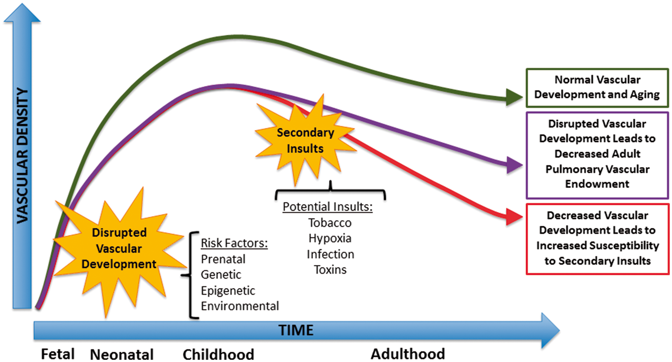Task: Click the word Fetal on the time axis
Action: point(57,354)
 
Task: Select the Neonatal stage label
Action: point(122,354)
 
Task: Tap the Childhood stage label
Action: point(219,354)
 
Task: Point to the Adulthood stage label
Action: point(408,354)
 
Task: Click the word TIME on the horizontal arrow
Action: point(296,330)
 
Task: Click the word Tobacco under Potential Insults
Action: point(330,223)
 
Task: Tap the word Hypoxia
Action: point(330,239)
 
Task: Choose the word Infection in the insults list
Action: point(330,254)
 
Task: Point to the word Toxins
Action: point(330,270)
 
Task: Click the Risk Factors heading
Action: point(234,243)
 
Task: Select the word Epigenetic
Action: point(228,291)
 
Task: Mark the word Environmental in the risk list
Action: point(240,306)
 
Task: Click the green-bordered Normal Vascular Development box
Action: point(597,88)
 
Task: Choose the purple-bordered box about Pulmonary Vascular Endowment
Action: point(597,155)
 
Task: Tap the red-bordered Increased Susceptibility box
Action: point(597,239)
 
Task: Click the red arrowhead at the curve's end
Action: point(514,216)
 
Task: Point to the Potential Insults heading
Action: point(328,207)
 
